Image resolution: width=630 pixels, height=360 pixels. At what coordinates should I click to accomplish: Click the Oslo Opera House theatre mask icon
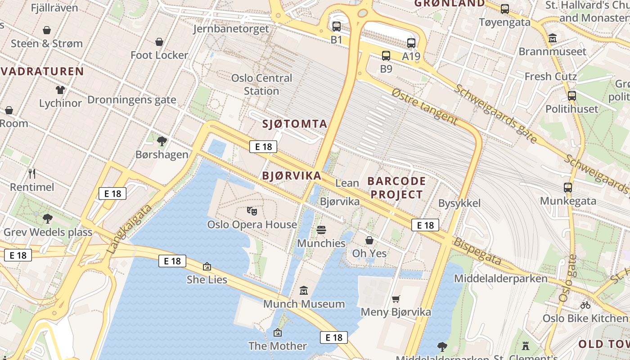pyautogui.click(x=252, y=210)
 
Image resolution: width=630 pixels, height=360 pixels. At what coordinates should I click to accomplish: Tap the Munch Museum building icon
pyautogui.click(x=304, y=291)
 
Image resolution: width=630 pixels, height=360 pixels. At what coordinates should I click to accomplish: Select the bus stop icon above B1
pyautogui.click(x=337, y=27)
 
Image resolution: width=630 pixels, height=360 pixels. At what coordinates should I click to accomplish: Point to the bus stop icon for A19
pyautogui.click(x=411, y=43)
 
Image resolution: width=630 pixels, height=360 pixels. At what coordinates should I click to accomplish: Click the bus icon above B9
pyautogui.click(x=386, y=56)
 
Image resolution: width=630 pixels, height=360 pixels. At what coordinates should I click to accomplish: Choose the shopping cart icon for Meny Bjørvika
pyautogui.click(x=396, y=299)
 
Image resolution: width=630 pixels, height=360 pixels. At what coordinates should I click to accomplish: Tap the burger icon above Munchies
pyautogui.click(x=321, y=230)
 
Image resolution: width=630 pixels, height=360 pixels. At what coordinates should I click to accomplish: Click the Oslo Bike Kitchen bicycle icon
pyautogui.click(x=585, y=305)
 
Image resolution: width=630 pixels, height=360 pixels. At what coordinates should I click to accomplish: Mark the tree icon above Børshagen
pyautogui.click(x=162, y=141)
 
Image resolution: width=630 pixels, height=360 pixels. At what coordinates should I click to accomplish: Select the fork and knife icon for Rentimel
pyautogui.click(x=32, y=174)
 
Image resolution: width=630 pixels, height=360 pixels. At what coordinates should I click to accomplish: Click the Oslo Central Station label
pyautogui.click(x=261, y=84)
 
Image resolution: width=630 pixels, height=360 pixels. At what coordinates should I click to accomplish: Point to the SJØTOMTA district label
pyautogui.click(x=294, y=124)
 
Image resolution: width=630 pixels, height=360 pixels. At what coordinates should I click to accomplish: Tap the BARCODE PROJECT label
pyautogui.click(x=396, y=188)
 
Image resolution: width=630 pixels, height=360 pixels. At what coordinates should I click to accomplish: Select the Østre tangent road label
pyautogui.click(x=424, y=106)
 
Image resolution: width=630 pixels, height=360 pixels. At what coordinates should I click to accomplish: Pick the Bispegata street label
pyautogui.click(x=477, y=251)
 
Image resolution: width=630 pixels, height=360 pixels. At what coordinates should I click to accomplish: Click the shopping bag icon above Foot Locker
pyautogui.click(x=159, y=42)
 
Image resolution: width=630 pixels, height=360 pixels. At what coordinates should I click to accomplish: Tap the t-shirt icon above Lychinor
pyautogui.click(x=60, y=90)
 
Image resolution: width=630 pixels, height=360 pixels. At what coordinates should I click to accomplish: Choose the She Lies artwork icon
pyautogui.click(x=207, y=266)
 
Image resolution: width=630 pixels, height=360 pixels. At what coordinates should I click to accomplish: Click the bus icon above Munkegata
pyautogui.click(x=568, y=188)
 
